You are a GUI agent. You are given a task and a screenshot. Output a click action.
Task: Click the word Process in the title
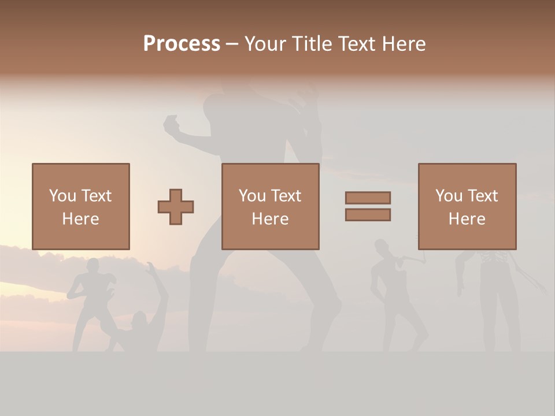[182, 44]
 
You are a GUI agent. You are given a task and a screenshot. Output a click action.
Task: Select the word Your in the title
[266, 44]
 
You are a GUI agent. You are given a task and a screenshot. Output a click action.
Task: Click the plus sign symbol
[176, 206]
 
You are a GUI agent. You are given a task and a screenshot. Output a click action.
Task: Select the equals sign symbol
[368, 206]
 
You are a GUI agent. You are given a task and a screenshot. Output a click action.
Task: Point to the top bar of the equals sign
[368, 198]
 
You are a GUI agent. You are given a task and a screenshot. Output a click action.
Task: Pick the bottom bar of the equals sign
[368, 215]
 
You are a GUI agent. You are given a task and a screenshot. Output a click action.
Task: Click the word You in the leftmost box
[62, 196]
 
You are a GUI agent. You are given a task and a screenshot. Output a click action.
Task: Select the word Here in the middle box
[270, 219]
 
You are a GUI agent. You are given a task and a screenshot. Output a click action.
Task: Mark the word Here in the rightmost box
[467, 219]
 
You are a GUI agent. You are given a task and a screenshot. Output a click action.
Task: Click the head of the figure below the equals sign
[381, 247]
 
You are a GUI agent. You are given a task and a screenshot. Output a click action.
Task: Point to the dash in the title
[232, 44]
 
